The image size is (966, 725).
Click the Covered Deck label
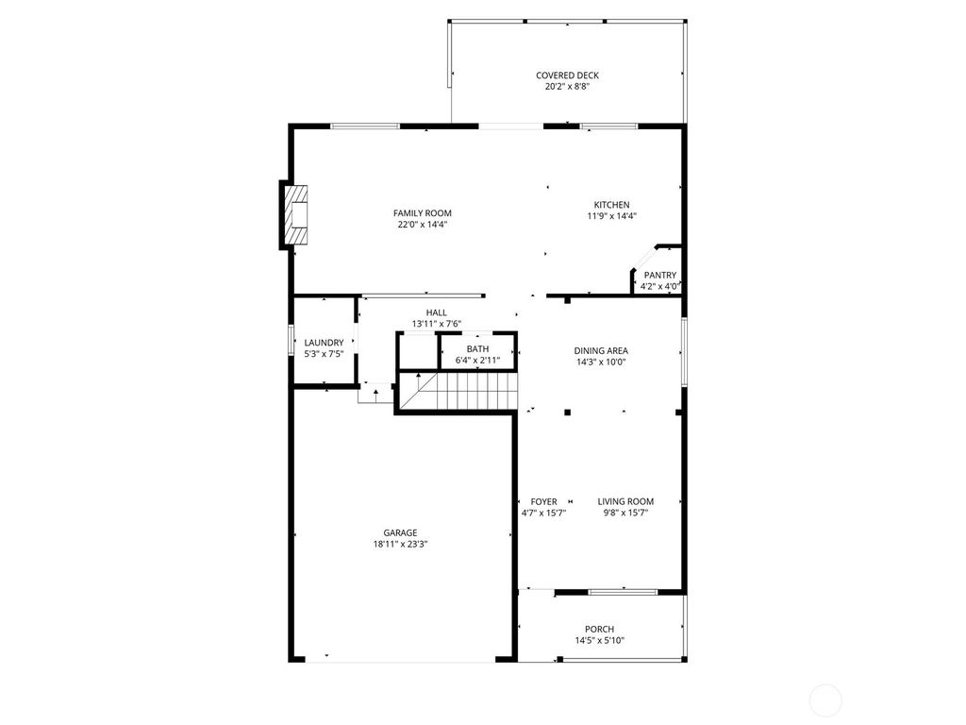click(567, 76)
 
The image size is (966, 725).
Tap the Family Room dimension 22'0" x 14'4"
click(422, 225)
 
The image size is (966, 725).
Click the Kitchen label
click(611, 205)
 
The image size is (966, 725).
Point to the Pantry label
click(660, 275)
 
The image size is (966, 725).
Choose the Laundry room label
click(324, 343)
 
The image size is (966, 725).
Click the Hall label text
click(436, 312)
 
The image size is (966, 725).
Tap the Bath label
click(477, 348)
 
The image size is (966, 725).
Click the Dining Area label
click(601, 350)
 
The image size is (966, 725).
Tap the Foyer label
click(543, 501)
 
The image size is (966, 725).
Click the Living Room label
click(625, 501)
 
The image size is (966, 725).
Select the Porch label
click(599, 629)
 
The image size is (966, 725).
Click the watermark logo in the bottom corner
click(826, 699)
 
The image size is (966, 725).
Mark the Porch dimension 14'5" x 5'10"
click(599, 641)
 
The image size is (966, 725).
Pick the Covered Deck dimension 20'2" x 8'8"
click(567, 87)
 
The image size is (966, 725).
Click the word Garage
click(400, 532)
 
